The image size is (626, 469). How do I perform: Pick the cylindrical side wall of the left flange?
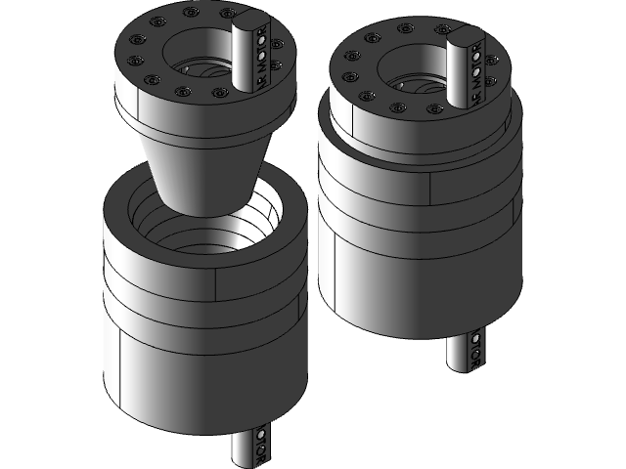pyautogui.click(x=156, y=112)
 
